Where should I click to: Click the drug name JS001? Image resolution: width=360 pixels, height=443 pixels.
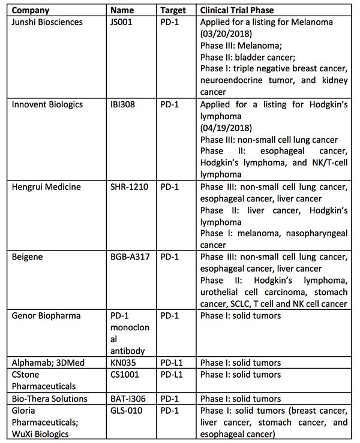(x=122, y=22)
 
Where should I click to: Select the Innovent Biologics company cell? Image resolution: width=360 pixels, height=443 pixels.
(x=50, y=104)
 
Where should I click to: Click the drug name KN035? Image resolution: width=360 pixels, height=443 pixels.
(x=122, y=363)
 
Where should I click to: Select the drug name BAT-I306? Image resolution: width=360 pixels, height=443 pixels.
(x=128, y=399)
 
